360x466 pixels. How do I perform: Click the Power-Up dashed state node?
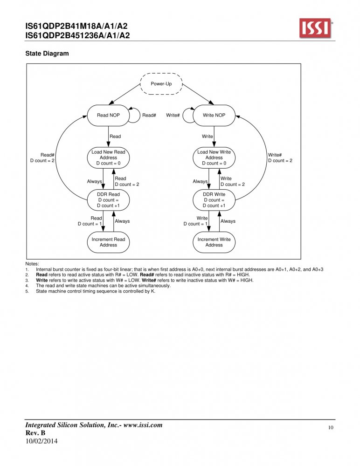[161, 84]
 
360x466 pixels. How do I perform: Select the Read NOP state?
[108, 115]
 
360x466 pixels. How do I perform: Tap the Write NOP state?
[214, 115]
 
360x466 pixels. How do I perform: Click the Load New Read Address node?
[108, 158]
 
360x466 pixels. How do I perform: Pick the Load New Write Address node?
[214, 158]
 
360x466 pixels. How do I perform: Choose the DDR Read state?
[108, 200]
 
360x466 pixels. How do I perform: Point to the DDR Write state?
[214, 200]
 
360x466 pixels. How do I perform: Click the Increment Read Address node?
[108, 242]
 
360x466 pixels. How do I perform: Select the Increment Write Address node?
[214, 242]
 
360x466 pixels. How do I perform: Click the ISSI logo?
[316, 28]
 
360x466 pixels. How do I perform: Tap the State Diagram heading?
[47, 54]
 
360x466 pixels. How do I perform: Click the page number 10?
[331, 428]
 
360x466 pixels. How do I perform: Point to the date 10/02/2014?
[42, 441]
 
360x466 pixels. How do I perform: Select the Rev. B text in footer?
[35, 433]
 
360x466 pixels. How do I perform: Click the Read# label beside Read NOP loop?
[149, 115]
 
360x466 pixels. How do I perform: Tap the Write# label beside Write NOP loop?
[173, 115]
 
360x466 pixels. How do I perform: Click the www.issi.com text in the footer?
[143, 425]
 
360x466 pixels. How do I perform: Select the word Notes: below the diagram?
[32, 264]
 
